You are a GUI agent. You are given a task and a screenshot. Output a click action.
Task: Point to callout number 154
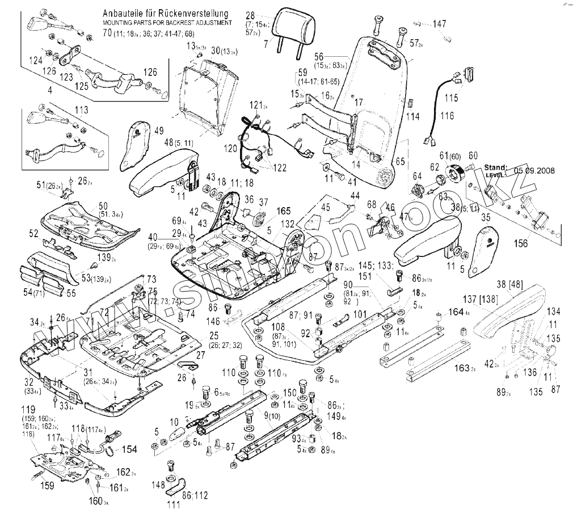129,449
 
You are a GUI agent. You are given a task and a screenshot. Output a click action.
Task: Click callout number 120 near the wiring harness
230,148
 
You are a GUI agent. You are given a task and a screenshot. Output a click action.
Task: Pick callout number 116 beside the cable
448,116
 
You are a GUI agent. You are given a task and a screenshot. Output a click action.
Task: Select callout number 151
380,276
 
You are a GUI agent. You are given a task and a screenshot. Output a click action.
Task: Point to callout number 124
35,60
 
